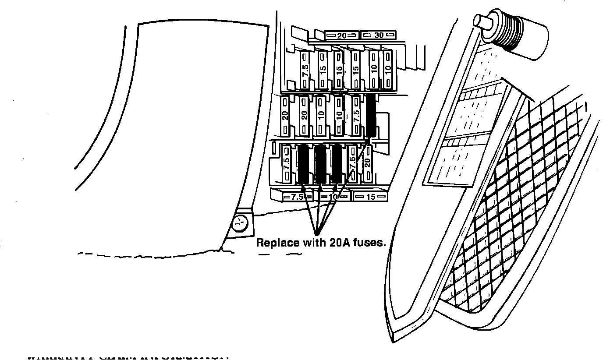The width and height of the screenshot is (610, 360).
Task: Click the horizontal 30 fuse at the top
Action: (378, 35)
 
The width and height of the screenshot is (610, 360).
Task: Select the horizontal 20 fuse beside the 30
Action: (341, 35)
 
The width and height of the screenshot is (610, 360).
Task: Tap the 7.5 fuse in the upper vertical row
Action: (305, 71)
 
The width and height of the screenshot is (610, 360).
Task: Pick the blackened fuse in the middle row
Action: (371, 115)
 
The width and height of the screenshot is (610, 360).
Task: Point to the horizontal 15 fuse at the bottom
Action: (370, 197)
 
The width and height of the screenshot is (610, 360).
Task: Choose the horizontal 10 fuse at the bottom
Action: (333, 197)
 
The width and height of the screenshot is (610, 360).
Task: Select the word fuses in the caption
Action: (369, 243)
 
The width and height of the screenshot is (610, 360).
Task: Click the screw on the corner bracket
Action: (240, 225)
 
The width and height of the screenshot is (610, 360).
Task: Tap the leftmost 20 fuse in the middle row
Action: (285, 116)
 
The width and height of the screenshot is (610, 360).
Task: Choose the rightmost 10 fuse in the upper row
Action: (387, 70)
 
